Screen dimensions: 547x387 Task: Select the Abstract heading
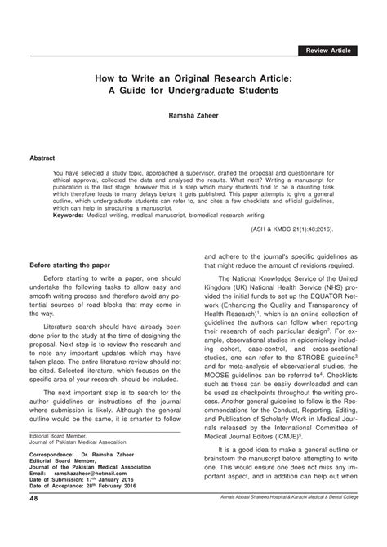click(43, 155)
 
